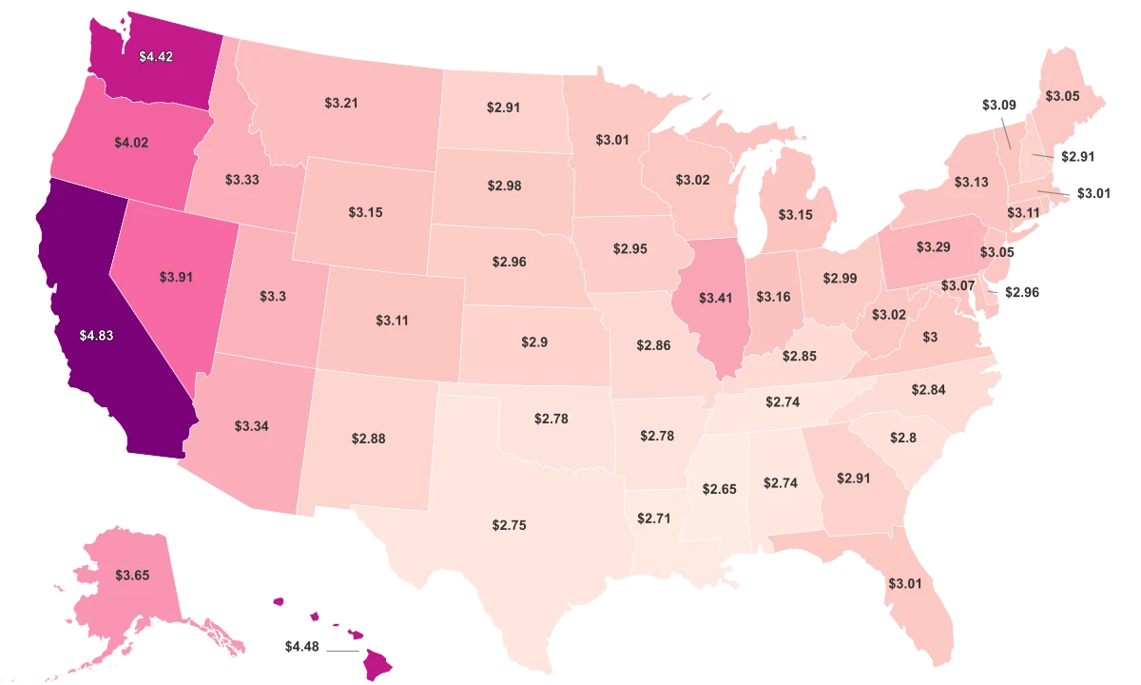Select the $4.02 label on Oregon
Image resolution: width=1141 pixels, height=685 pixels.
[x=131, y=143]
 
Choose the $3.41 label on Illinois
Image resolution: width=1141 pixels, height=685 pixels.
[x=715, y=299]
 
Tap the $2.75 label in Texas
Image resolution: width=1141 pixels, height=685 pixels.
[x=509, y=525]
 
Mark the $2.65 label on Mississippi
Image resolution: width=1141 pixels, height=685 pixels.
[x=719, y=489]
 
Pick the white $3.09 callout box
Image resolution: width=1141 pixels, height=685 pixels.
[x=998, y=104]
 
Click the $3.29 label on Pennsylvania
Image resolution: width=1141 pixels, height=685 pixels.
[x=933, y=247]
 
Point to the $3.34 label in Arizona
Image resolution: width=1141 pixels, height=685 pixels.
[x=252, y=425]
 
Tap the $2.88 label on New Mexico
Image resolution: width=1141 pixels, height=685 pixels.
[x=368, y=439]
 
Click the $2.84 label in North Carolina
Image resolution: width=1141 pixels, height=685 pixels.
[x=927, y=389]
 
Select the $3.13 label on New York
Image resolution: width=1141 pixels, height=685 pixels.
[x=971, y=182]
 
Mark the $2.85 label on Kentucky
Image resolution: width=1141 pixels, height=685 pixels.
[x=798, y=356]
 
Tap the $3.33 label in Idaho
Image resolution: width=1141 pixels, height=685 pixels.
[x=243, y=178]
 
